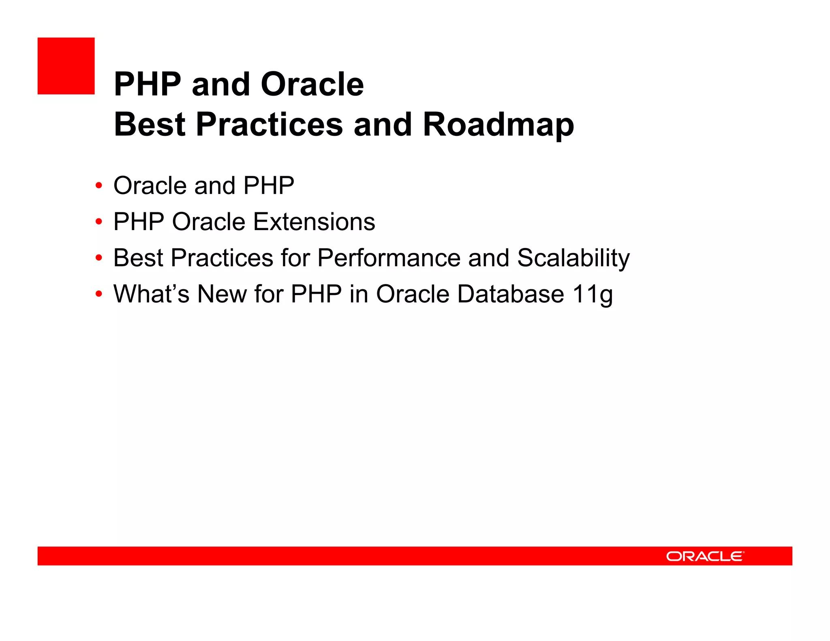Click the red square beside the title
[x=66, y=66]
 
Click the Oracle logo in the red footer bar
[x=705, y=556]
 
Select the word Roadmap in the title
[x=498, y=125]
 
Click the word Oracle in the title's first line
[x=312, y=84]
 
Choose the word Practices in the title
[x=270, y=125]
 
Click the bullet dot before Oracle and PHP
[x=98, y=186]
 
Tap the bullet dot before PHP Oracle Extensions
[x=98, y=222]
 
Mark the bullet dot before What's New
[x=98, y=294]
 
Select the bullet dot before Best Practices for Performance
[x=98, y=258]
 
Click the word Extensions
[x=314, y=222]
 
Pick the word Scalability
[x=573, y=258]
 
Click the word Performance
[x=389, y=258]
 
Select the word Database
[x=510, y=294]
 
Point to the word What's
[x=151, y=294]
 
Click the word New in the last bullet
[x=222, y=294]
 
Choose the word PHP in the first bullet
[x=269, y=186]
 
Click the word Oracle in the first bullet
[x=150, y=186]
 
